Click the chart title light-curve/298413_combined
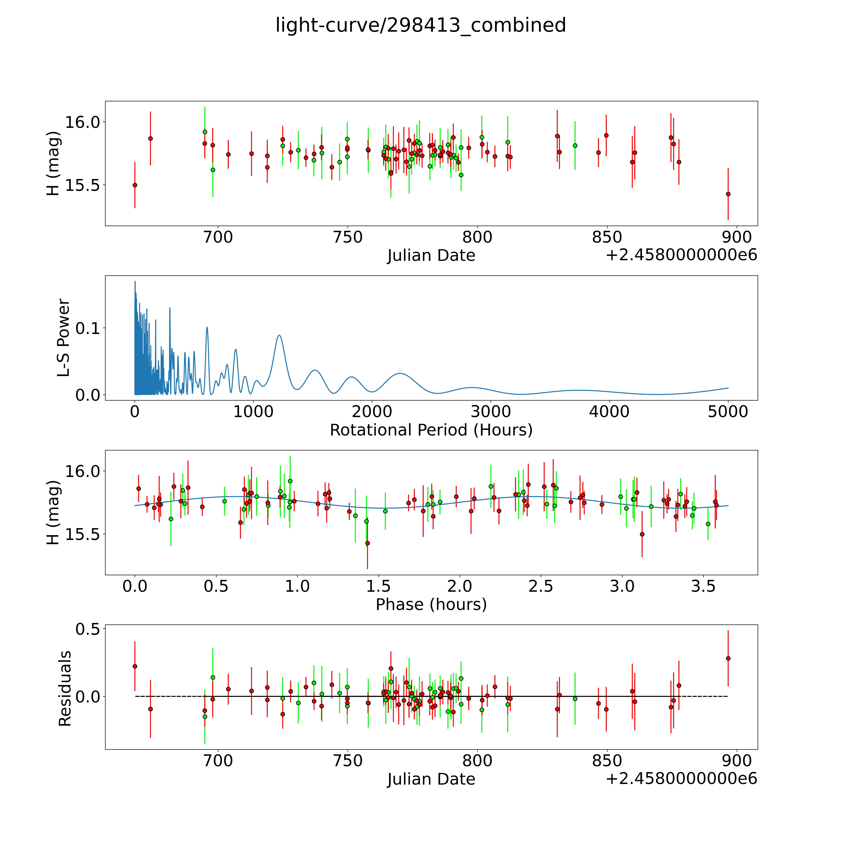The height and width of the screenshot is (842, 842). tap(421, 25)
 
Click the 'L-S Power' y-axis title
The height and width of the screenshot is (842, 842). tap(64, 338)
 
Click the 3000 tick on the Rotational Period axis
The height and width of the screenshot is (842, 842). tap(491, 411)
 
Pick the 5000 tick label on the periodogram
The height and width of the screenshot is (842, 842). tap(728, 411)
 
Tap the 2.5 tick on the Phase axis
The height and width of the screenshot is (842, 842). tap(541, 586)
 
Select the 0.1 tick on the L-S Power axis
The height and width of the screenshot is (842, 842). tap(88, 328)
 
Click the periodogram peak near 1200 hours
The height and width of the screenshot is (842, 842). tap(279, 335)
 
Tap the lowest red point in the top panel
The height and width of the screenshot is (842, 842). tap(728, 194)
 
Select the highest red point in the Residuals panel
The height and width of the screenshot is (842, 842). tap(728, 658)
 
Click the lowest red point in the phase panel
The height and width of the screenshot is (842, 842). tap(367, 543)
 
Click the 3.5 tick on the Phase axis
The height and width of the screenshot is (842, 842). tap(703, 586)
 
